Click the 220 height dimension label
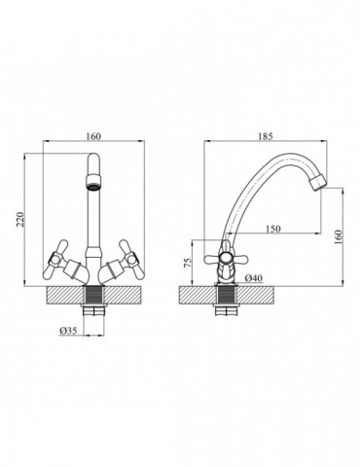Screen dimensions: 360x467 point(20,220)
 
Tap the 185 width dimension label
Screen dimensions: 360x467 point(266,136)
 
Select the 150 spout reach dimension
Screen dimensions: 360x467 point(273,229)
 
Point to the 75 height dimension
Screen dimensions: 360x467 point(188,263)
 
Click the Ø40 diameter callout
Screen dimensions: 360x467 point(254,278)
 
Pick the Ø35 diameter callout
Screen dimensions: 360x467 point(68,331)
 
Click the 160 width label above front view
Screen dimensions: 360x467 point(93,136)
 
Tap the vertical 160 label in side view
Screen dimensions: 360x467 point(339,237)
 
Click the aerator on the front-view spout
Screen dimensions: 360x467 point(93,182)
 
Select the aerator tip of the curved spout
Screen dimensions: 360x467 point(318,183)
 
